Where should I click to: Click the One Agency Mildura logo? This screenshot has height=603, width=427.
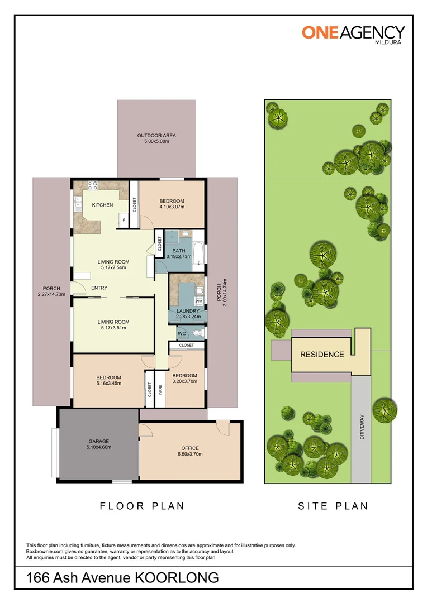pyautogui.click(x=353, y=35)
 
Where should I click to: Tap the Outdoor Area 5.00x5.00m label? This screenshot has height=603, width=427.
pyautogui.click(x=156, y=138)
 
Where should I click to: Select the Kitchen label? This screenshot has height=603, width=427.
pyautogui.click(x=102, y=205)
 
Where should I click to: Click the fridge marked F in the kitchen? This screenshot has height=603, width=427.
pyautogui.click(x=124, y=219)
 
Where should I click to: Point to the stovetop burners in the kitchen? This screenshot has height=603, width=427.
pyautogui.click(x=92, y=185)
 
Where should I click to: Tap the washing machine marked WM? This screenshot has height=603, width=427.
pyautogui.click(x=199, y=301)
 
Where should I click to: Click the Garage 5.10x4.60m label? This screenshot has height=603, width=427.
pyautogui.click(x=99, y=444)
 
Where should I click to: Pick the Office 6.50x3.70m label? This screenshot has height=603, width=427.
pyautogui.click(x=190, y=451)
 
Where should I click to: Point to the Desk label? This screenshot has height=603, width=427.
pyautogui.click(x=160, y=390)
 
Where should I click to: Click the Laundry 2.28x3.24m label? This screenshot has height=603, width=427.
pyautogui.click(x=188, y=314)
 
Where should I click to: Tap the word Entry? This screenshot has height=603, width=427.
pyautogui.click(x=99, y=288)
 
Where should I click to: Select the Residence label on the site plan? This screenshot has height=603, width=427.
pyautogui.click(x=322, y=355)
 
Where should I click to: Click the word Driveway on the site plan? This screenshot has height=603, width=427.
pyautogui.click(x=362, y=427)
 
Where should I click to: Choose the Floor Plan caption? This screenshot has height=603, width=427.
pyautogui.click(x=142, y=506)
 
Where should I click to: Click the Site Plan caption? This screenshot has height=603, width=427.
pyautogui.click(x=333, y=506)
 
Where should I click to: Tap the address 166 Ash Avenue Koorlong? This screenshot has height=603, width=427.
pyautogui.click(x=122, y=578)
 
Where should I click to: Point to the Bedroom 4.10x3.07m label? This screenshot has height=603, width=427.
pyautogui.click(x=172, y=204)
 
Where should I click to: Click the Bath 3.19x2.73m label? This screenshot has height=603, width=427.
pyautogui.click(x=179, y=253)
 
